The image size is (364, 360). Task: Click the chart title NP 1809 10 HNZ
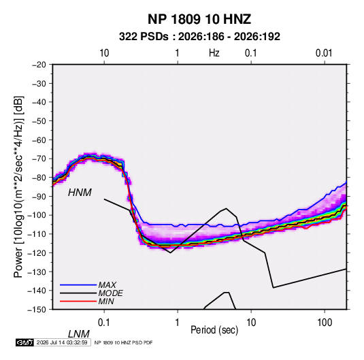(199, 19)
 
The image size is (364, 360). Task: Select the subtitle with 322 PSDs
(199, 37)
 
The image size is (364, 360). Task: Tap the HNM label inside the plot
(80, 193)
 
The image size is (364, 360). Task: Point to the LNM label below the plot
(79, 334)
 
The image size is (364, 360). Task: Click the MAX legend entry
(107, 284)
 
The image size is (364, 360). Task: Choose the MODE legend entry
(110, 293)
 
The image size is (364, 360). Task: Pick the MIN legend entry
(106, 301)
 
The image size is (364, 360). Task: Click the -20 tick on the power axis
(39, 65)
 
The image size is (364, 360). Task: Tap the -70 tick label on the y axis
(39, 159)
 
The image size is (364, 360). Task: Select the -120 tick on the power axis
(37, 252)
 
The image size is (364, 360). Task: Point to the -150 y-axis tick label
(37, 310)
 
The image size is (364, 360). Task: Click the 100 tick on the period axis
(325, 323)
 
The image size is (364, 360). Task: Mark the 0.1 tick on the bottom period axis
(103, 323)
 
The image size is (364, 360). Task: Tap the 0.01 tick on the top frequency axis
(324, 53)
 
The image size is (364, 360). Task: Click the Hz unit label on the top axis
(214, 53)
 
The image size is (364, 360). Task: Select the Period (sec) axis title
(214, 330)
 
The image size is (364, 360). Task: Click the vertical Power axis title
(18, 187)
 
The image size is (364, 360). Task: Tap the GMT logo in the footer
(24, 342)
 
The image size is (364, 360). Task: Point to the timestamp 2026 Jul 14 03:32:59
(62, 342)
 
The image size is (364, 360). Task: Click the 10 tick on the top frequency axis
(104, 53)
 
